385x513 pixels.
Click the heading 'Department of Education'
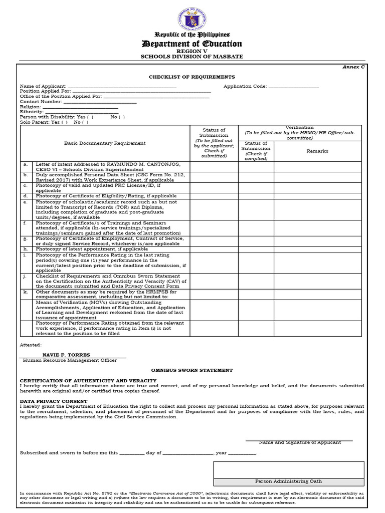[192, 44]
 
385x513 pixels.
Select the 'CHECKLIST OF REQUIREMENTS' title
[191, 77]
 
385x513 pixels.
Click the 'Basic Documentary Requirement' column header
[105, 143]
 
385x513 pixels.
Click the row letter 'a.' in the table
[25, 164]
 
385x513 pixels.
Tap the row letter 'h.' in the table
[25, 249]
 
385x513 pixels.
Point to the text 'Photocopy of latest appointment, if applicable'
[92, 249]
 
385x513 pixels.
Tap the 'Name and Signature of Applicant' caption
[300, 442]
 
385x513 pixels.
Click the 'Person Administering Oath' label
[288, 481]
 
